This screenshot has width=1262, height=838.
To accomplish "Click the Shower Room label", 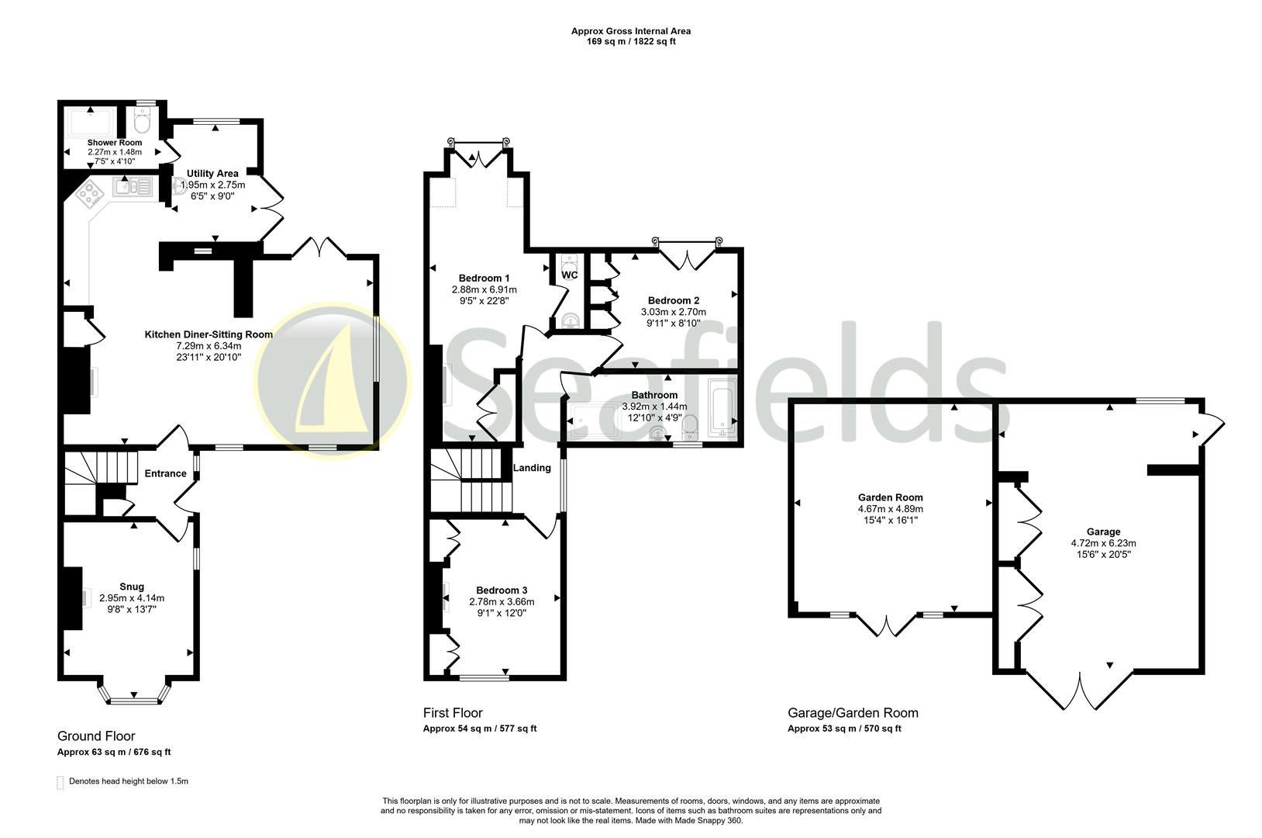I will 115,143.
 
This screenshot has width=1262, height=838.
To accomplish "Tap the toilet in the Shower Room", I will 142,123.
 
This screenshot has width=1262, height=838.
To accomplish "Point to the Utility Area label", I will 212,173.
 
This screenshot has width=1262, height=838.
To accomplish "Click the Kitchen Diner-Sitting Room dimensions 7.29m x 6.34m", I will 209,346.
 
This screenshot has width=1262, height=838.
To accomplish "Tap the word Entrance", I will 165,473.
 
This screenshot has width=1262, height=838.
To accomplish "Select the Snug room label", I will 132,587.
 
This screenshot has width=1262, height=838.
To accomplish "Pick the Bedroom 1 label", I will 484,278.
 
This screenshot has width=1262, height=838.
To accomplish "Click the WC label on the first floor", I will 569,275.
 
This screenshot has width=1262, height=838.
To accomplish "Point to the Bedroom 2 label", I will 674,300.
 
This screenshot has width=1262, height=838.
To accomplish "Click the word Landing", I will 533,468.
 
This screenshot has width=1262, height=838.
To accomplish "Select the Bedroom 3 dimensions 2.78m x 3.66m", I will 502,601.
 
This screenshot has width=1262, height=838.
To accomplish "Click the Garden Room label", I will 890,497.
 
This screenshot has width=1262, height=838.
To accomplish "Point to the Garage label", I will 1103,532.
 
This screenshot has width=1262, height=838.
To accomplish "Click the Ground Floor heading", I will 96,736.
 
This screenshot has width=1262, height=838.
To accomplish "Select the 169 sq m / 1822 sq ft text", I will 630,42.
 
